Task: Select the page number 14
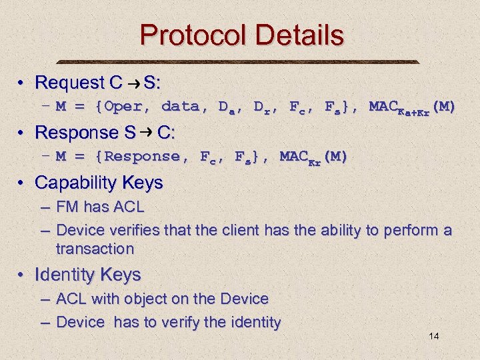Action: tap(433, 336)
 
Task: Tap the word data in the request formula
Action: tap(180, 107)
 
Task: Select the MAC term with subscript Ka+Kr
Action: tap(411, 107)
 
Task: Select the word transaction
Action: tap(95, 249)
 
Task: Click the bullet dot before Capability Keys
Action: tap(23, 183)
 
